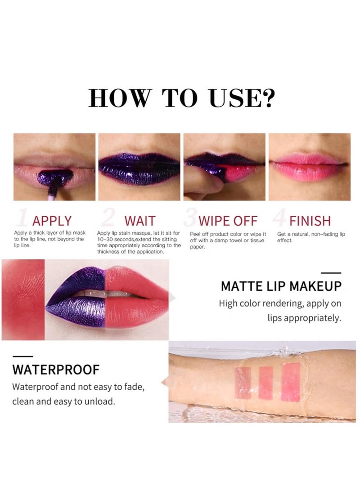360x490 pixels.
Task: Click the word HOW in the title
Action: tap(118, 98)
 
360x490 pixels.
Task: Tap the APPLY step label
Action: tap(52, 221)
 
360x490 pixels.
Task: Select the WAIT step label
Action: tap(139, 221)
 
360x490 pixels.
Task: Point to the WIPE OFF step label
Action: tap(228, 221)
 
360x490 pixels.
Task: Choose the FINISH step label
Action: tap(310, 221)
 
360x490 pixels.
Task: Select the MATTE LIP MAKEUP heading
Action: tap(281, 286)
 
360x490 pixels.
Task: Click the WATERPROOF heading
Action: tap(56, 370)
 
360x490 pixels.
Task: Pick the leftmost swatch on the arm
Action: tap(243, 383)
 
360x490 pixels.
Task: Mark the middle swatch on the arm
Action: tap(265, 383)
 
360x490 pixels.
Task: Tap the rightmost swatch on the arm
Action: tap(290, 382)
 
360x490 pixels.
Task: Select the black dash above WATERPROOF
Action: tap(22, 356)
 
